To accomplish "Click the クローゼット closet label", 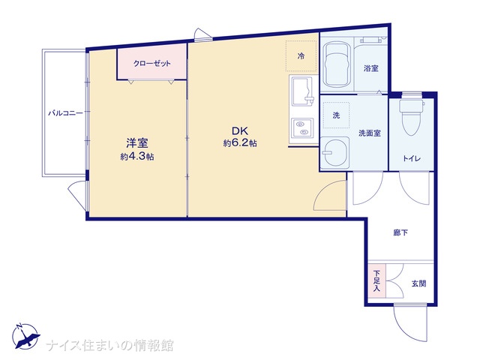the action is coord(151,64).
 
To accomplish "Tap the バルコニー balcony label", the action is coord(65,113).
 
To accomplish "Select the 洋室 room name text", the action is coord(137,143).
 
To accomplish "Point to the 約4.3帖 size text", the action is coord(136,157).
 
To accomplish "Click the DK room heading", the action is coord(240,131).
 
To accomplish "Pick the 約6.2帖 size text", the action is coord(240,143).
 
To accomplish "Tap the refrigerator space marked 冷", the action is coord(301,56).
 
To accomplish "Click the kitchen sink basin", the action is coord(301,91).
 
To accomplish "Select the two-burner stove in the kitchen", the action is coord(301,128).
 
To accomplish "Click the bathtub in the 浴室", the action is coord(337,65).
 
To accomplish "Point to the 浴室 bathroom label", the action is coord(370,68).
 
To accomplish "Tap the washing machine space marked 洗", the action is coord(336,115).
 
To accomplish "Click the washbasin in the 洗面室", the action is coord(335,152).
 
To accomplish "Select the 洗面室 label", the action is coord(370,133).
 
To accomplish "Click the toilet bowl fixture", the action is coord(412,118).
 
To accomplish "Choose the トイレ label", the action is coord(412,158).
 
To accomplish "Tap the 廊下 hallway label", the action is coord(400,233).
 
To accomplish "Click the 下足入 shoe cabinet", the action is coord(376,280).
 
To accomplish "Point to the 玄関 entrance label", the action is coord(418,283).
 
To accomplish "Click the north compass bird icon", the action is coord(25,336).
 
